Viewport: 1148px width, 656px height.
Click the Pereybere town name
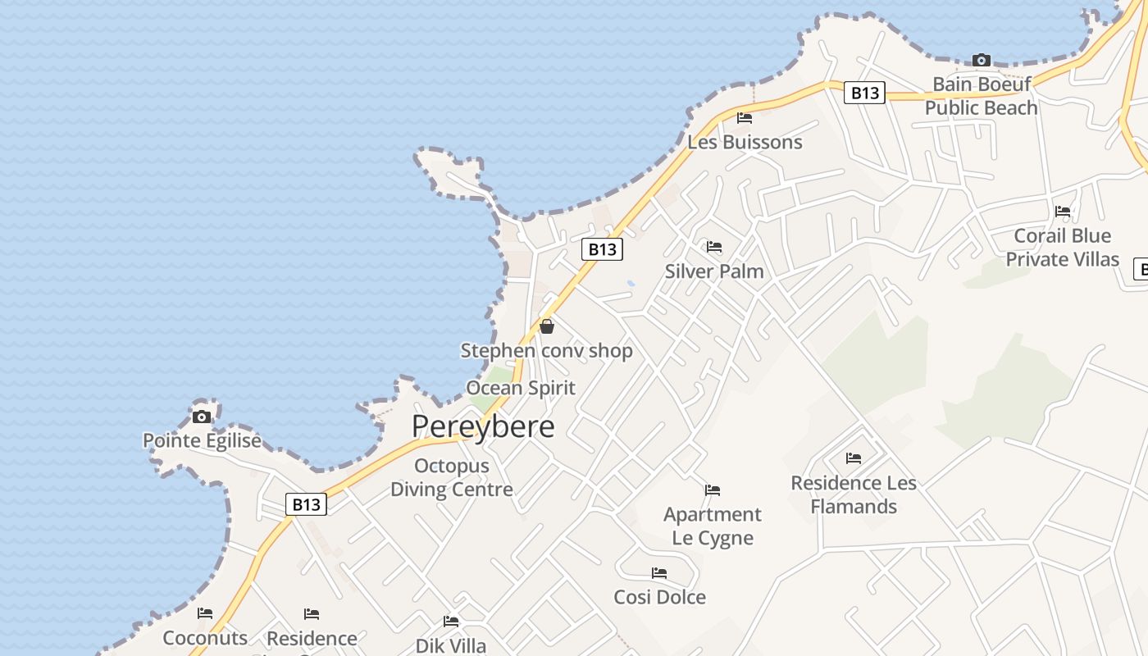[483, 426]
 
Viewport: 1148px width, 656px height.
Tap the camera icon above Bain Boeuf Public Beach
[981, 60]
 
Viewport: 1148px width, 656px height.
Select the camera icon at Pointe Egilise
[202, 417]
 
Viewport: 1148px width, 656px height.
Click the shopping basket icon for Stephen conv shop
[547, 326]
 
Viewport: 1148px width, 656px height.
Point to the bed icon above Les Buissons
[745, 118]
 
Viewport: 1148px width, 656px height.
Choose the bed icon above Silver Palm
[714, 247]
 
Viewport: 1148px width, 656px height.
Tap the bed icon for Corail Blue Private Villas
[1063, 212]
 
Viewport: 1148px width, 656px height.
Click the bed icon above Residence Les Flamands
[854, 458]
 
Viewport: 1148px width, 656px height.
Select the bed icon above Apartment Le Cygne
[713, 490]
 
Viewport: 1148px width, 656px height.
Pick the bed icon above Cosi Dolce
[659, 573]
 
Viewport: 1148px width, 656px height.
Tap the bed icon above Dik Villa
[451, 622]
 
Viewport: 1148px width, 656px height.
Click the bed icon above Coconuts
[205, 613]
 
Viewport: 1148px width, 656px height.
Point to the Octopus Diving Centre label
[452, 477]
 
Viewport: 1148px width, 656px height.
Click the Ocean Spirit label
[521, 388]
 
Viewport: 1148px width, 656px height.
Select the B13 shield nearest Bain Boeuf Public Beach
[864, 93]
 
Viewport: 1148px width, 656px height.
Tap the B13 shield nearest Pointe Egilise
[307, 503]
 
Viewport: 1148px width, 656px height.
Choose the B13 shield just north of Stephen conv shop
[602, 248]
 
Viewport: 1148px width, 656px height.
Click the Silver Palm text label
[714, 271]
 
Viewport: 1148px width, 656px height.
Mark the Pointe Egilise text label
[202, 440]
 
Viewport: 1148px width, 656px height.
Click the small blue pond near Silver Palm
[630, 284]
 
